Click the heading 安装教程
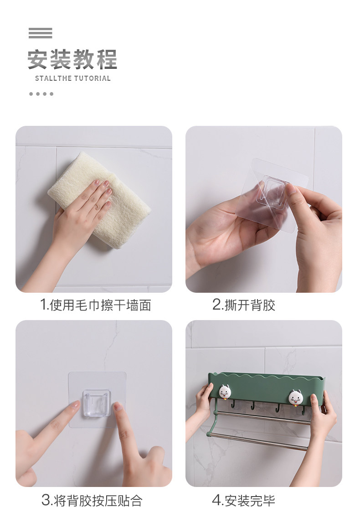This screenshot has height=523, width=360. pos(72,59)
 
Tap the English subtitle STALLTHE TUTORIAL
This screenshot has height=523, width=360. pos(72,78)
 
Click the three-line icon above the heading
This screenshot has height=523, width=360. pos(41,33)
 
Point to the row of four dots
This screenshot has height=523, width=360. pos(41,94)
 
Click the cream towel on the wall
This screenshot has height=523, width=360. pos(100,200)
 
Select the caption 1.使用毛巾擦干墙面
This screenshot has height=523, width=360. pos(96,305)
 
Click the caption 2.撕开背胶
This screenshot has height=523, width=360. pos(244,305)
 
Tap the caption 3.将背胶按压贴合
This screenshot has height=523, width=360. pos(92,500)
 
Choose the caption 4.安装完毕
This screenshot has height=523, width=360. pos(244,500)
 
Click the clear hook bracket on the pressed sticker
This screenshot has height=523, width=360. pos(97,403)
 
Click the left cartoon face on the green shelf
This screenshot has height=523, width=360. pos(225,392)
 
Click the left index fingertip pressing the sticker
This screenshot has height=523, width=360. pos(75,405)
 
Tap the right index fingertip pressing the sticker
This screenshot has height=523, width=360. pos(117,406)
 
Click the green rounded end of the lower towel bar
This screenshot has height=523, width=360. pos(209,434)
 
